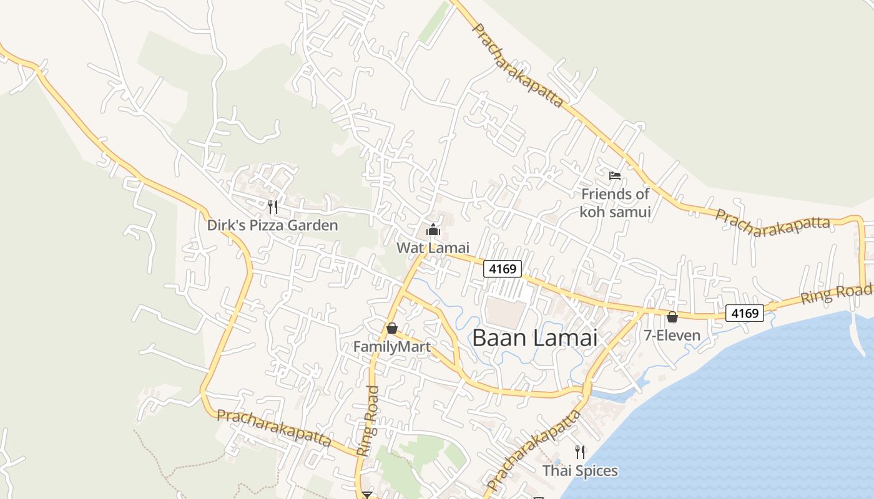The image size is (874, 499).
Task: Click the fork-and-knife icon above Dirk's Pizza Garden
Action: [x=273, y=207]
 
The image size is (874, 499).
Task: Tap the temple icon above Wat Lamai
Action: [x=433, y=230]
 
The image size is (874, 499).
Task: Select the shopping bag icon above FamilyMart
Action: [x=392, y=327]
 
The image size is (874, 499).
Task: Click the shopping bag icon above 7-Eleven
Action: [x=672, y=317]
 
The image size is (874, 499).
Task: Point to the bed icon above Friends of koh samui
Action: [x=615, y=176]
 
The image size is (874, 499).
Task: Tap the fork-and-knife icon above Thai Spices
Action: [x=580, y=452]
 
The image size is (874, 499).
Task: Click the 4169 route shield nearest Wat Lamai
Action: [x=503, y=269]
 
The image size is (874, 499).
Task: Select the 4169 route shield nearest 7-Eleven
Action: [x=745, y=313]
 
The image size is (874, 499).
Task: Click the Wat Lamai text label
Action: [x=433, y=248]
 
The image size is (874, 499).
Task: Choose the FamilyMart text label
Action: [x=392, y=346]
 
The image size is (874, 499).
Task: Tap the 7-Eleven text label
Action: [x=672, y=336]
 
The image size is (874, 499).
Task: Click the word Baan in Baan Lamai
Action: [x=497, y=338]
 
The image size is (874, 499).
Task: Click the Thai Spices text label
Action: [x=580, y=470]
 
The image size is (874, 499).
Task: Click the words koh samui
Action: [x=615, y=211]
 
